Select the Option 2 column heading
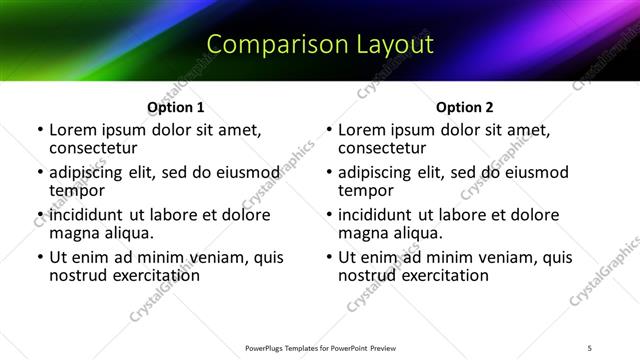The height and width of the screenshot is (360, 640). tap(465, 107)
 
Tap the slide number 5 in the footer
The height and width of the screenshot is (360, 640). tap(590, 347)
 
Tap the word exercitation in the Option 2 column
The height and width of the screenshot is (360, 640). tap(445, 275)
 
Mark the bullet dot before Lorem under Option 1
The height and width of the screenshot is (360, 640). tap(40, 130)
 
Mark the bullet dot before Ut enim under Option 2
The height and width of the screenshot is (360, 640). tap(329, 257)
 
